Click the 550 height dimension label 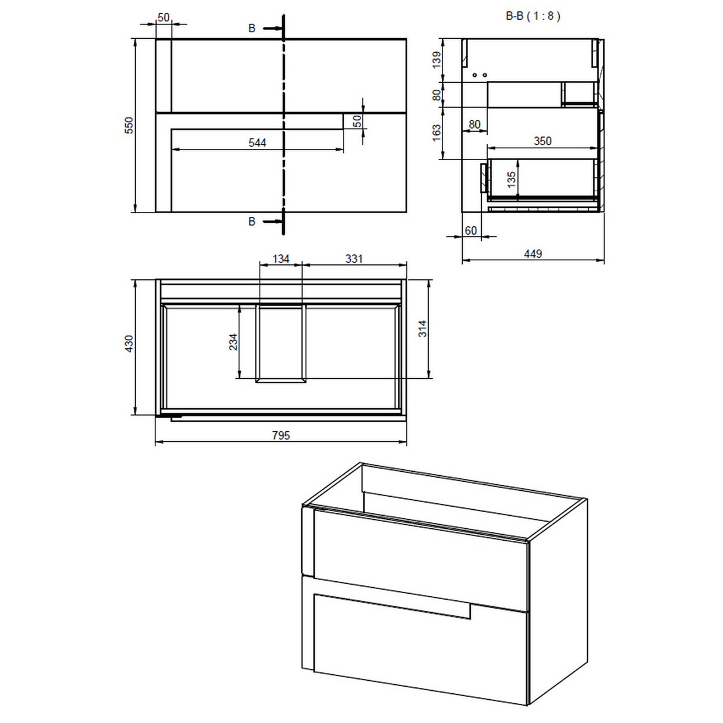(129, 126)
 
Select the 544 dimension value (257, 143)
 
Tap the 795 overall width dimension (281, 435)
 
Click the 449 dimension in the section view (532, 254)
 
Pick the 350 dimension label (542, 141)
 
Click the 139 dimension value (437, 60)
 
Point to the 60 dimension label (470, 230)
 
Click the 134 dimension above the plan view (281, 258)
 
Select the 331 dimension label (354, 258)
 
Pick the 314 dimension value (422, 329)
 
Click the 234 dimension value (233, 342)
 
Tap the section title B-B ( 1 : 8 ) (532, 16)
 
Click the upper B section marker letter (252, 28)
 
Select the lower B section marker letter (252, 222)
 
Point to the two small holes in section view (479, 75)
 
